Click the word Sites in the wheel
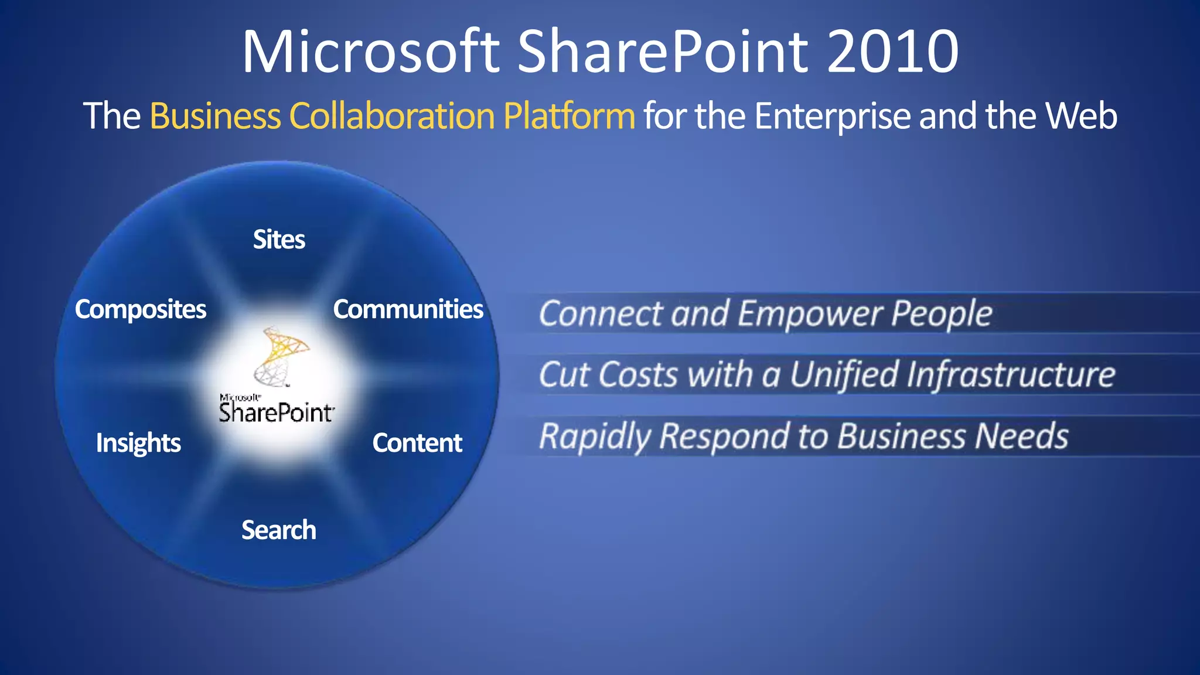(279, 240)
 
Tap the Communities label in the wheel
(408, 309)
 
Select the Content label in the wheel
(417, 443)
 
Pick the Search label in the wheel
(279, 530)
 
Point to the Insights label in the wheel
(138, 443)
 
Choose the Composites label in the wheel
(141, 309)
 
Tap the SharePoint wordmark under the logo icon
(277, 412)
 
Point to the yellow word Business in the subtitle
(216, 116)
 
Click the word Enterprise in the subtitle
(832, 116)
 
